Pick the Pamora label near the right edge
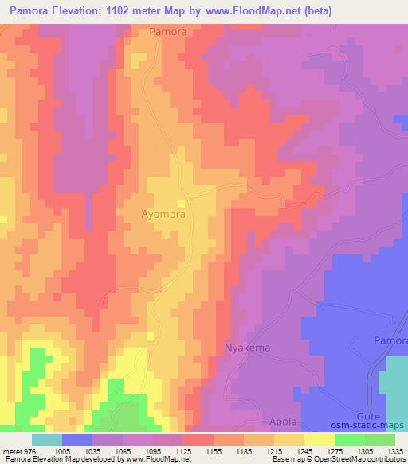390,340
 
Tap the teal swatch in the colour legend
46,439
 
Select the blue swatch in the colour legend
77,439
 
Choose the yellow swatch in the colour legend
320,439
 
